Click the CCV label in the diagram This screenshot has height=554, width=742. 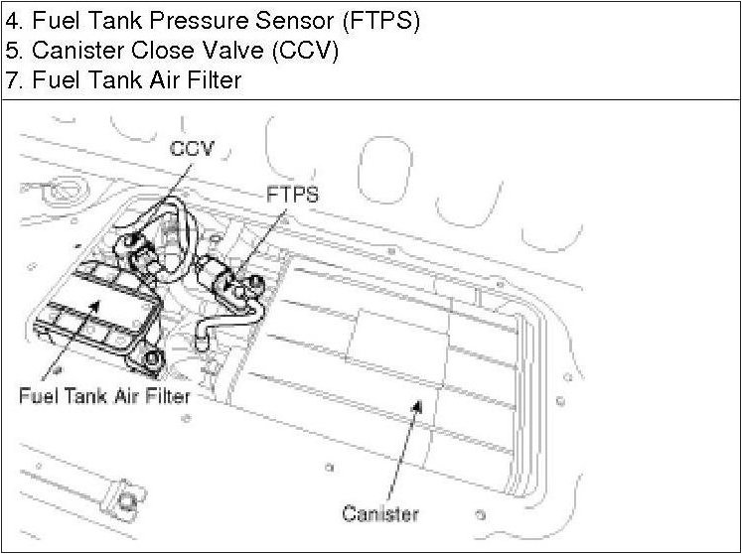(x=192, y=150)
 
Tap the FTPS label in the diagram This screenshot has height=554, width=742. (x=292, y=194)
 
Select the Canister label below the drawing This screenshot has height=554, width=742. (x=380, y=513)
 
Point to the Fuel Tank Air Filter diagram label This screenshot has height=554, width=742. (x=104, y=395)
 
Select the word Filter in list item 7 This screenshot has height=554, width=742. (x=213, y=79)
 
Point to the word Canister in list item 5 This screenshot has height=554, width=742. (x=75, y=51)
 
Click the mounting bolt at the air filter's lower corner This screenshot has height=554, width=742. (x=151, y=357)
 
